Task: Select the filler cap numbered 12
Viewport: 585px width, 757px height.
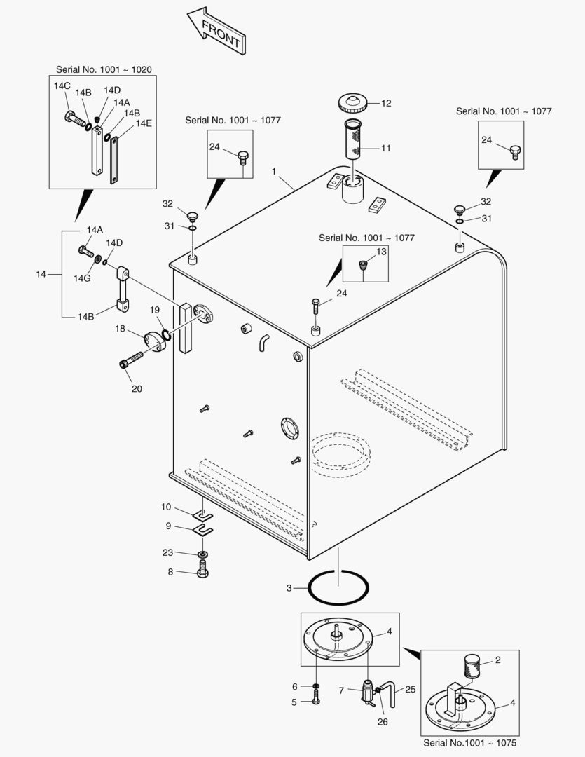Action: [352, 103]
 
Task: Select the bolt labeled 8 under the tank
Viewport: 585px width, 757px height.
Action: [202, 573]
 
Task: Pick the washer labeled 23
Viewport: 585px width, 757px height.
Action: [202, 554]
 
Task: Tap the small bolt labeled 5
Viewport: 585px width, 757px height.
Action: [317, 699]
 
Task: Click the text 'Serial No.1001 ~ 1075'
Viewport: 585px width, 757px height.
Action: [470, 742]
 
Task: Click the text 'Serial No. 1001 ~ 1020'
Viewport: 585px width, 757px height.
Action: [103, 69]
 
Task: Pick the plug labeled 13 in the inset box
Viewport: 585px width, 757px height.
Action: [363, 265]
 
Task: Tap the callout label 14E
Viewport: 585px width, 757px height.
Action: [144, 123]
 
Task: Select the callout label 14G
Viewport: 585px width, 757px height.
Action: [82, 278]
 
